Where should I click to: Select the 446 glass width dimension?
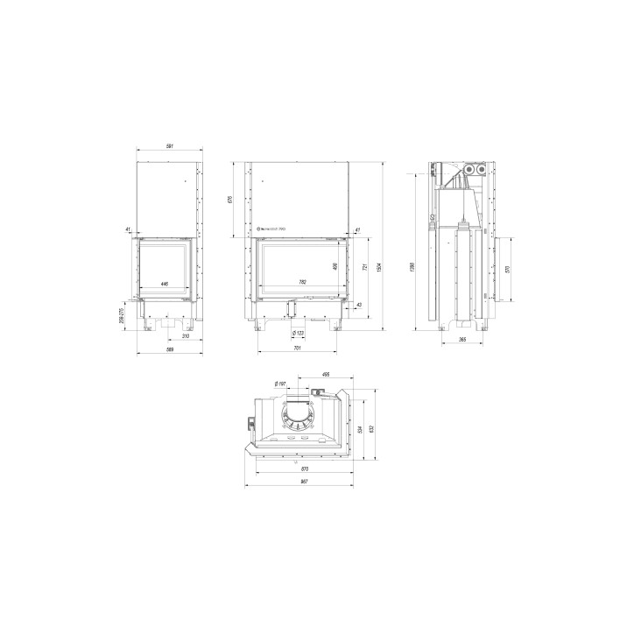[x=165, y=285]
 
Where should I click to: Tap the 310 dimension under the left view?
[x=185, y=336]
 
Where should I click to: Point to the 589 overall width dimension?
[x=170, y=350]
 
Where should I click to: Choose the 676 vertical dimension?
[x=230, y=200]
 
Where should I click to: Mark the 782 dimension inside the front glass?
[x=303, y=282]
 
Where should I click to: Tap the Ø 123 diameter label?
[x=298, y=333]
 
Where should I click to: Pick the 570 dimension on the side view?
[x=508, y=268]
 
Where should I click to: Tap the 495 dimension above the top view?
[x=325, y=375]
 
